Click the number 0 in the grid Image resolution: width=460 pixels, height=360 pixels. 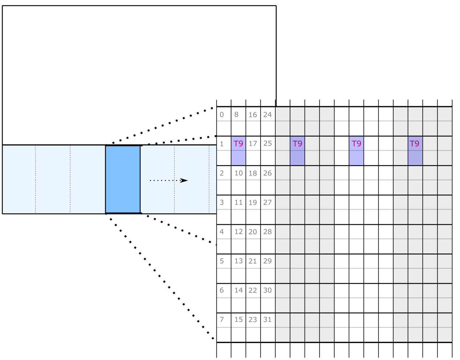point(222,115)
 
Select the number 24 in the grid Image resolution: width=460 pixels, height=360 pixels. point(267,115)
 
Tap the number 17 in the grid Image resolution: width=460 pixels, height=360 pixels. point(253,144)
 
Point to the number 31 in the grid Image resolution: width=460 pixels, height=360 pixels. point(267,320)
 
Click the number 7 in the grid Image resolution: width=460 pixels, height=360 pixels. point(222,320)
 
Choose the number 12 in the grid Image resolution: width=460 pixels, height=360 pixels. point(238,232)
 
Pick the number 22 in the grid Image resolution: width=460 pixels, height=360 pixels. point(253,290)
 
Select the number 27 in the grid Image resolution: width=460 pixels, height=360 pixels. point(267,202)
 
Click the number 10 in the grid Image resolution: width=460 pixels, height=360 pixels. point(238,173)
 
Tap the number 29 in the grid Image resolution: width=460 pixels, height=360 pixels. point(267,261)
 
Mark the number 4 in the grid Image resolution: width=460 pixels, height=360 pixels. point(222,232)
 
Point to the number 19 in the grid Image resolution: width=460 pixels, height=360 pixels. point(253,202)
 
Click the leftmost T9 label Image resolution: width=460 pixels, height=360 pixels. point(238,144)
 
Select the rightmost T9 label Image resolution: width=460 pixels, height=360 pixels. point(414,144)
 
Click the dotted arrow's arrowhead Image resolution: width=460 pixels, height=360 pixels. point(184,180)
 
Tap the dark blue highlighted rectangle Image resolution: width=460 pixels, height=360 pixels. point(123,179)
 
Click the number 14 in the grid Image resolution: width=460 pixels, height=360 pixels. point(238,290)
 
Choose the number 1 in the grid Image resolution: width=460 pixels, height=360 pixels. point(222,144)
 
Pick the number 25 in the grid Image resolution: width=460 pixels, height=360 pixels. point(267,144)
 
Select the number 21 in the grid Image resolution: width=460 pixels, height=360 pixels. point(253,261)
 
